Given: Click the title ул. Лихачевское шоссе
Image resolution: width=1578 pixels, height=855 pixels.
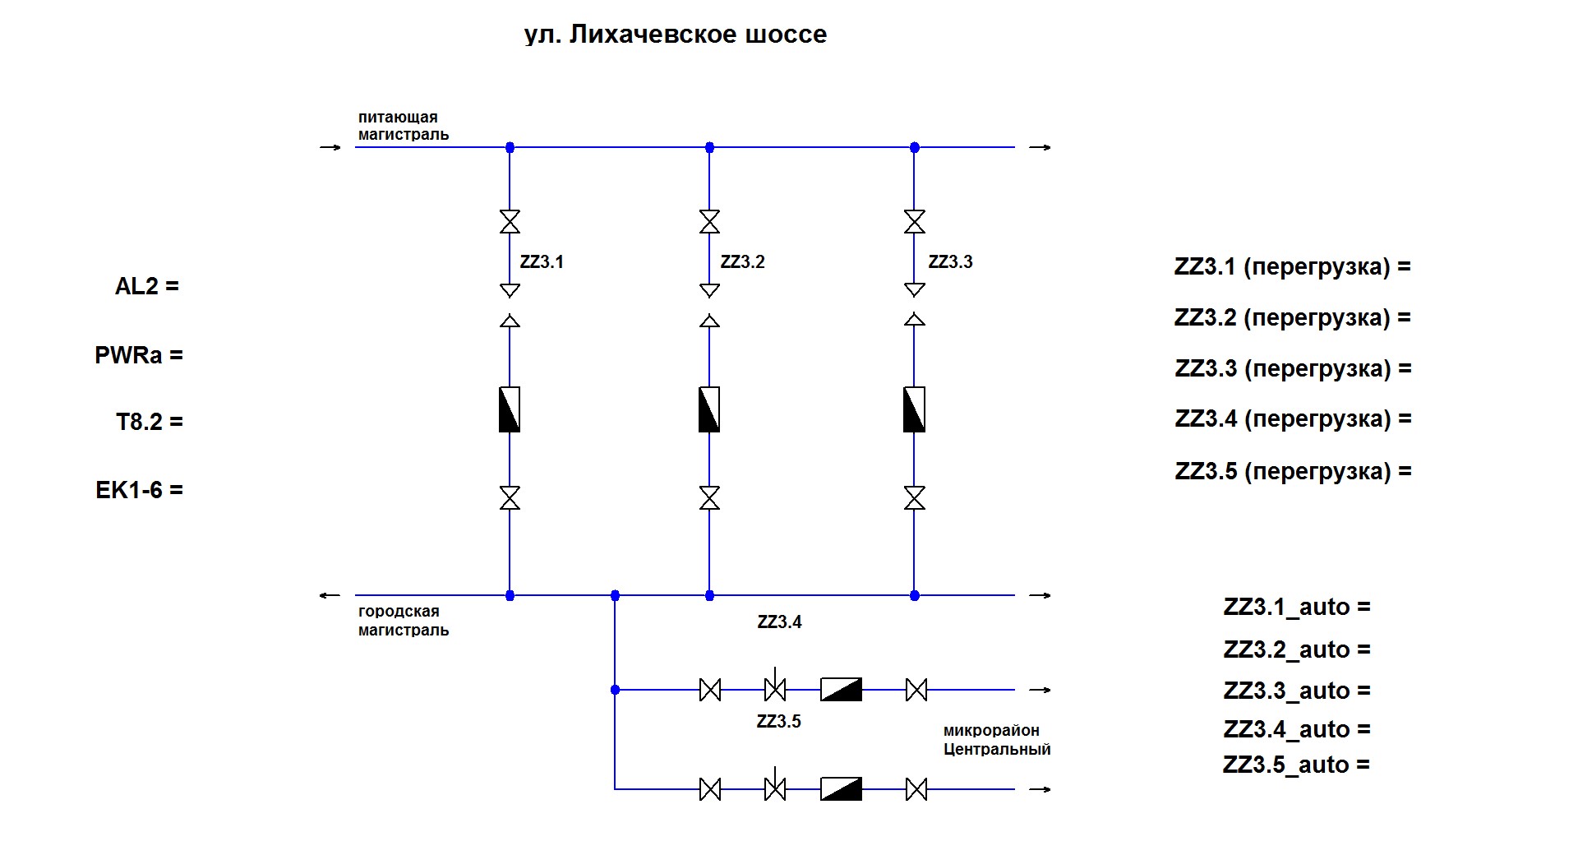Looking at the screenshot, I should point(676,35).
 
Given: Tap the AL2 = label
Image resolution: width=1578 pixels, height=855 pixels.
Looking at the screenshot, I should point(147,286).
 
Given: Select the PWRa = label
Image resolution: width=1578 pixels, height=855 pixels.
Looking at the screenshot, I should point(139,355).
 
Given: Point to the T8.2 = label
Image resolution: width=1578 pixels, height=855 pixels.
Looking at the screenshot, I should point(150,422).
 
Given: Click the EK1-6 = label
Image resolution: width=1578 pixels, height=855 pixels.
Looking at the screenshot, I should point(140,490).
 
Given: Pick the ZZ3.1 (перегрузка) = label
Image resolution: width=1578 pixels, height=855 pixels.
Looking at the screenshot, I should point(1292,267).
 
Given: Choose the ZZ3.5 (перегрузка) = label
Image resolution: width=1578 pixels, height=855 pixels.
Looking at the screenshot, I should point(1293,471).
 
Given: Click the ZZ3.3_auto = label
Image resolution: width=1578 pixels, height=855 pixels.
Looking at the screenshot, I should point(1297,691).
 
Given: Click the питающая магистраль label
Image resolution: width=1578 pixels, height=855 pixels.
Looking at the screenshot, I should point(403,126).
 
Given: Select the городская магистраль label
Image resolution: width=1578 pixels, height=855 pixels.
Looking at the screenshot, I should point(403,621).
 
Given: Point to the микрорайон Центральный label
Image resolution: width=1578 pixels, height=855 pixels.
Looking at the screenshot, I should point(997,740).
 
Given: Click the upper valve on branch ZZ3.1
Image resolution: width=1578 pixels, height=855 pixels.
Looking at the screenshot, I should point(510,221).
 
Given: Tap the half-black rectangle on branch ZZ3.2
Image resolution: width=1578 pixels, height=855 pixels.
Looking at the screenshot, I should point(709,409).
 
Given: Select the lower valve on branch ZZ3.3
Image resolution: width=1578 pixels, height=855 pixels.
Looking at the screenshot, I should point(914,497).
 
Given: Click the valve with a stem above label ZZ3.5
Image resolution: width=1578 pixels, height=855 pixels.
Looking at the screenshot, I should point(775,689).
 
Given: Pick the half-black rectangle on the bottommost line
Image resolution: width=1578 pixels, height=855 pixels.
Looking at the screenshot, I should point(841,789).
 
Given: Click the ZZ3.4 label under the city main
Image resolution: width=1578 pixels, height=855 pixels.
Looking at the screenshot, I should point(779,622).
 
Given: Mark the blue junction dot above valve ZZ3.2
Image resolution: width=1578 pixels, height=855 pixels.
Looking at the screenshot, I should point(710,148).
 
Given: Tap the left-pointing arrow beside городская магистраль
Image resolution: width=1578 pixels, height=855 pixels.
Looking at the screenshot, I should point(330,595).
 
